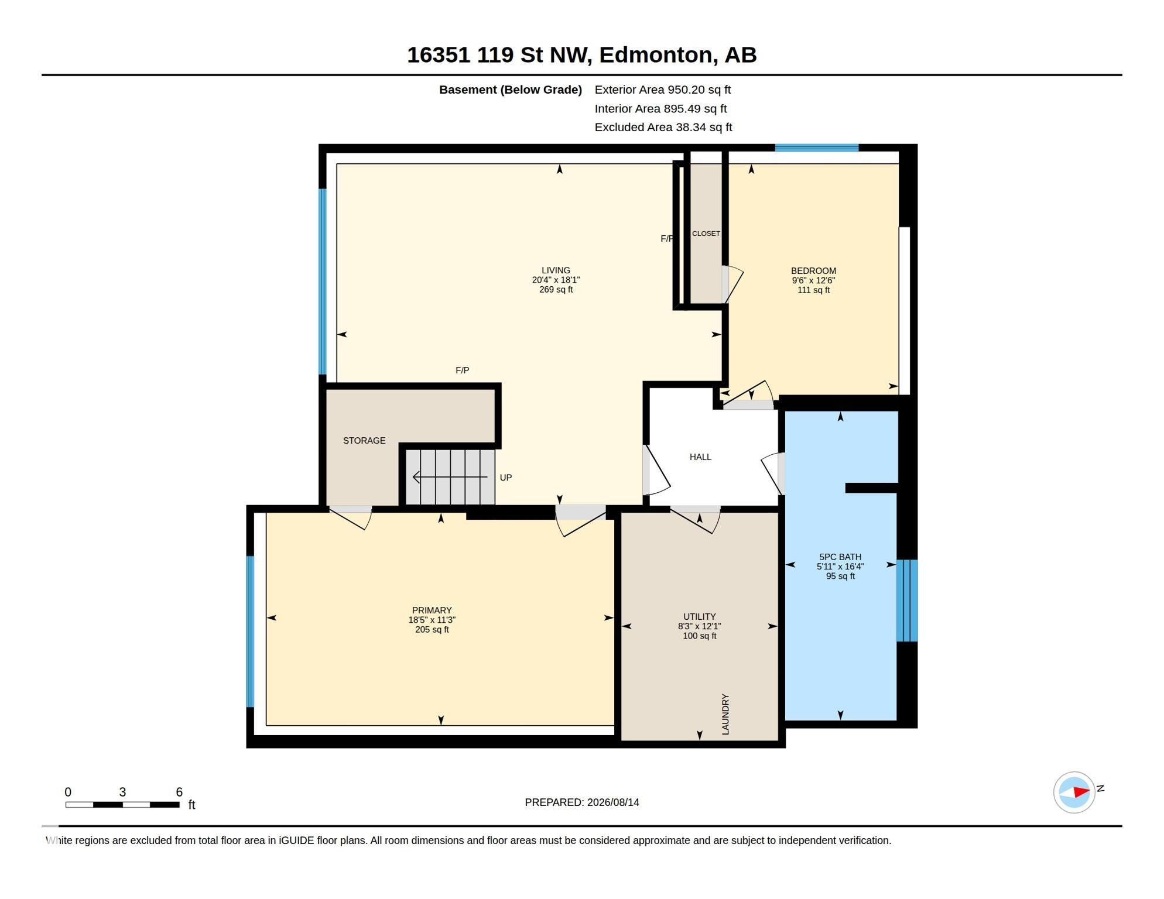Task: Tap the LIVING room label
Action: [x=556, y=270]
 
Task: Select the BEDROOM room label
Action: [x=813, y=271]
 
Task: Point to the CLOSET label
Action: [x=706, y=234]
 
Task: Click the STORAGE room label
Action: [x=364, y=441]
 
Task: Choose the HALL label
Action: [x=700, y=457]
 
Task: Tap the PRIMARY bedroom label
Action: [x=432, y=610]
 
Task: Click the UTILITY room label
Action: [x=700, y=617]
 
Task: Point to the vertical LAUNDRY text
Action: [x=725, y=715]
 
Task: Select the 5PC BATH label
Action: [x=840, y=557]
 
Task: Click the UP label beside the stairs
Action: [x=506, y=478]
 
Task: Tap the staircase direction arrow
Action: [x=450, y=477]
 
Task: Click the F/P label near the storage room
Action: [x=462, y=370]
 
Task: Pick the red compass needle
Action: [x=1081, y=792]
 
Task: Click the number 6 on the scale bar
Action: [x=179, y=792]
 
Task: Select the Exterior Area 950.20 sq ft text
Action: [x=663, y=90]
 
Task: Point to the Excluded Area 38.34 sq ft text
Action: [x=663, y=127]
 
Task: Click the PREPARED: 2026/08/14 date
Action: [x=582, y=802]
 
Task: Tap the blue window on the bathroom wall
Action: [x=907, y=601]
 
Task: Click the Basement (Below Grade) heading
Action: [x=511, y=90]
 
